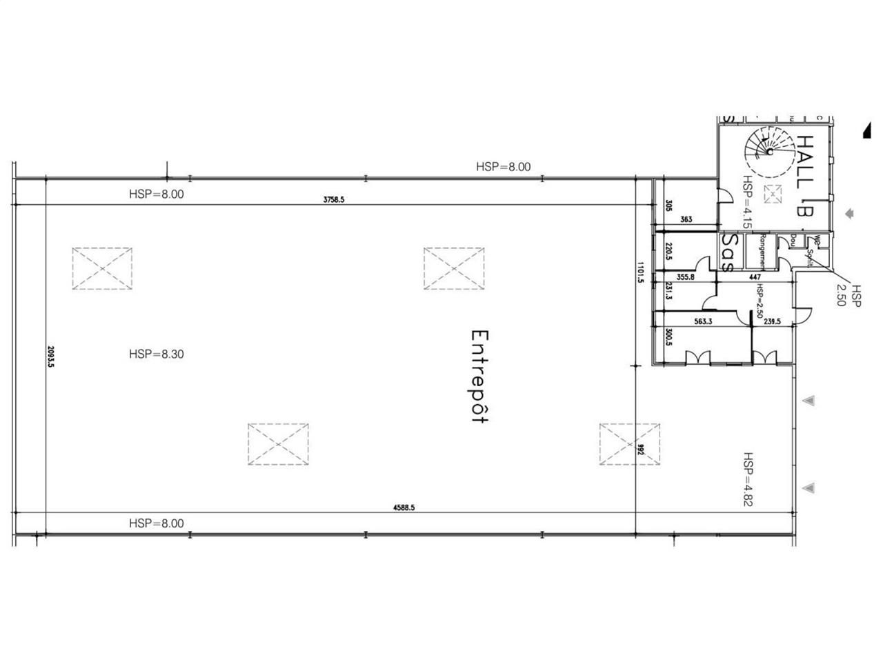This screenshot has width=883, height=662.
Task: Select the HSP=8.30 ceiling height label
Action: [x=156, y=354]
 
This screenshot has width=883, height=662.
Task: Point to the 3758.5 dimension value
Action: [x=333, y=200]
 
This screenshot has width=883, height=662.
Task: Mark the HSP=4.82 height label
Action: [x=748, y=479]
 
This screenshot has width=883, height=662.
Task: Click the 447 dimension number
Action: [x=755, y=277]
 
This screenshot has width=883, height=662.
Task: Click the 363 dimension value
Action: [x=686, y=220]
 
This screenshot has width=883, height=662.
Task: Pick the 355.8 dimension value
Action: [x=686, y=277]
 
